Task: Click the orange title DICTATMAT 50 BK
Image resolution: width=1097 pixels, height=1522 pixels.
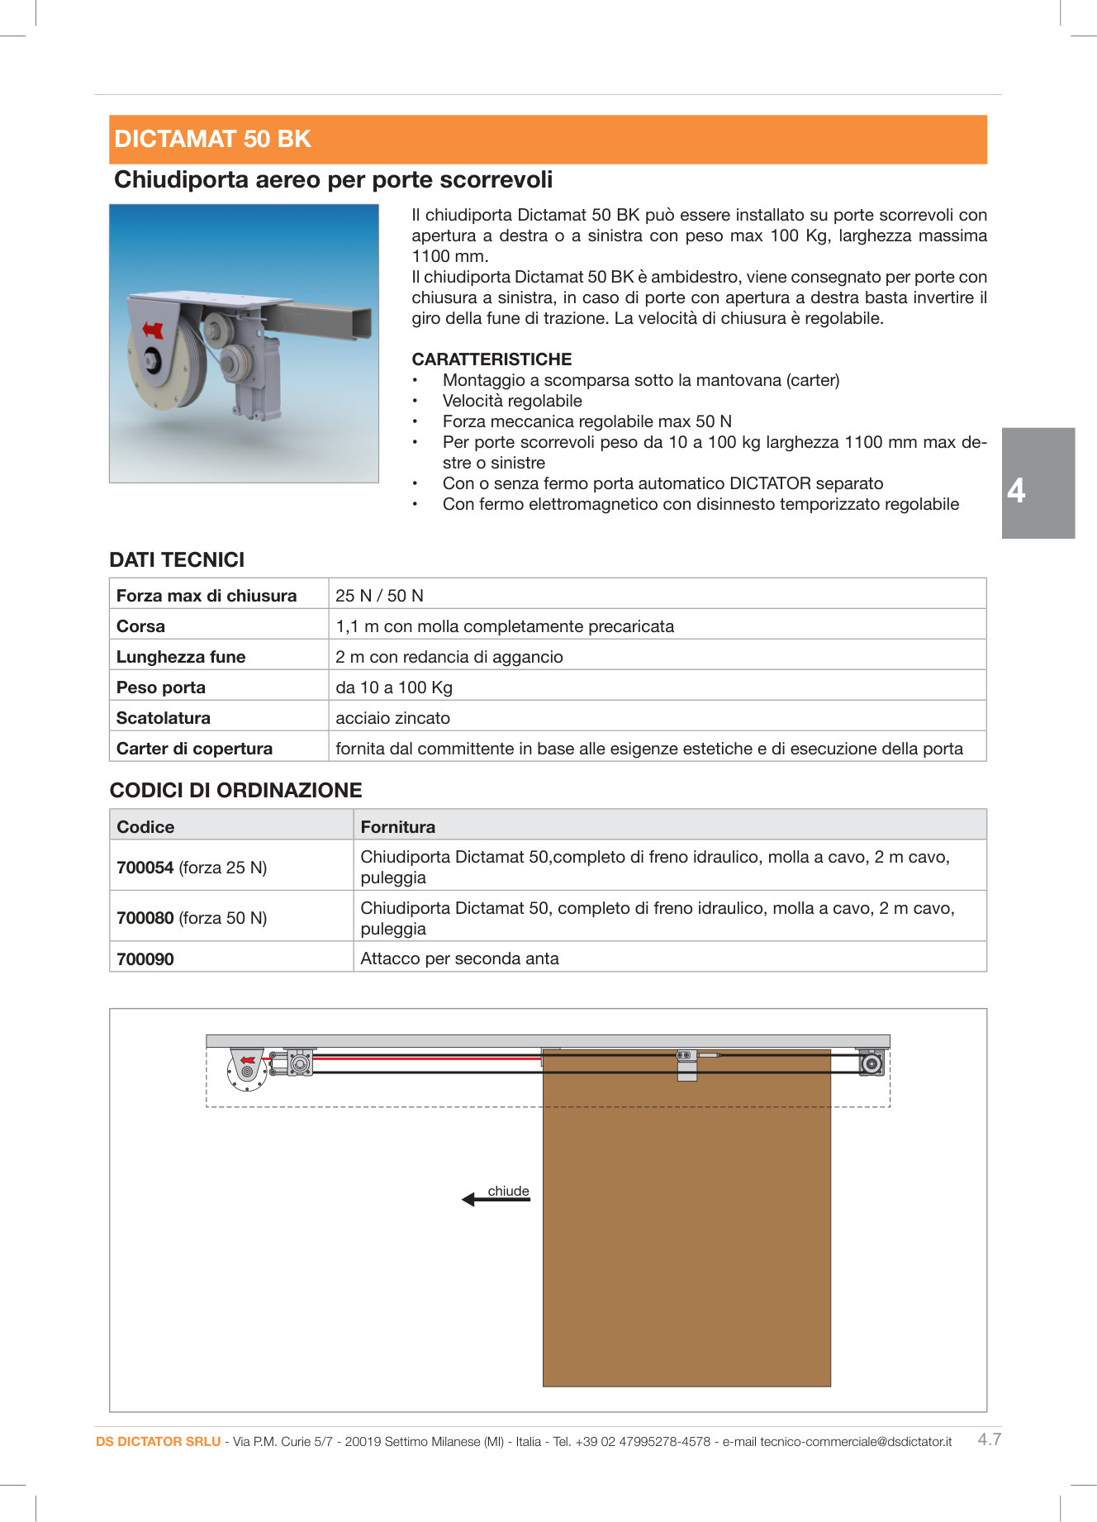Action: [212, 139]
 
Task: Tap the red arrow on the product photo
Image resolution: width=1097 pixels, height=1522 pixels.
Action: [153, 331]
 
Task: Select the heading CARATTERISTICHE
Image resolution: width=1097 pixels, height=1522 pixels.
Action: [492, 359]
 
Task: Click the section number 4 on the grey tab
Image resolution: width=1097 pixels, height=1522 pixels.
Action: [1016, 491]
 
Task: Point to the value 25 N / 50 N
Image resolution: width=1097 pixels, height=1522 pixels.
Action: [379, 596]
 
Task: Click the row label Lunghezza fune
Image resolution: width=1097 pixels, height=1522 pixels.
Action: [181, 657]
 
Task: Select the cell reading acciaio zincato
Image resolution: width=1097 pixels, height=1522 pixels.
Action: [392, 718]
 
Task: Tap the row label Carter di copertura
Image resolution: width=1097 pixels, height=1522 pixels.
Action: [194, 749]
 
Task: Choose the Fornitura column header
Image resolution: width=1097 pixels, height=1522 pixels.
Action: [397, 827]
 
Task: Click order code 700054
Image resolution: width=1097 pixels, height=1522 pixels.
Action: [145, 868]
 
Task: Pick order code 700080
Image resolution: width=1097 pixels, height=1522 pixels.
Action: [145, 918]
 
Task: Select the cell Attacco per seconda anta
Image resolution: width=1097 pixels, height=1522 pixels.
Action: [459, 958]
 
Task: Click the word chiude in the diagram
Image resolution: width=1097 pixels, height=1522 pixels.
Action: [508, 1191]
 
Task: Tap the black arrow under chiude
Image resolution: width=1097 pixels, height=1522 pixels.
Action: [495, 1200]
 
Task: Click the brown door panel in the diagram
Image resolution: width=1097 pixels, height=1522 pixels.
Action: [686, 1239]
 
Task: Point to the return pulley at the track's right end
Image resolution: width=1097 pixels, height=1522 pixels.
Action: [871, 1063]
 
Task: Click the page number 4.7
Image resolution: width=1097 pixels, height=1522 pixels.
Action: [989, 1439]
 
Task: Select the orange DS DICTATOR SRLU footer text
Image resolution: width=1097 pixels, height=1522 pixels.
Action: [158, 1442]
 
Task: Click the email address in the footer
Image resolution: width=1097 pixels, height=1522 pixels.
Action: [856, 1442]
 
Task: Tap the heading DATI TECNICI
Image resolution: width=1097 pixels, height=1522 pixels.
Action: [177, 560]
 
